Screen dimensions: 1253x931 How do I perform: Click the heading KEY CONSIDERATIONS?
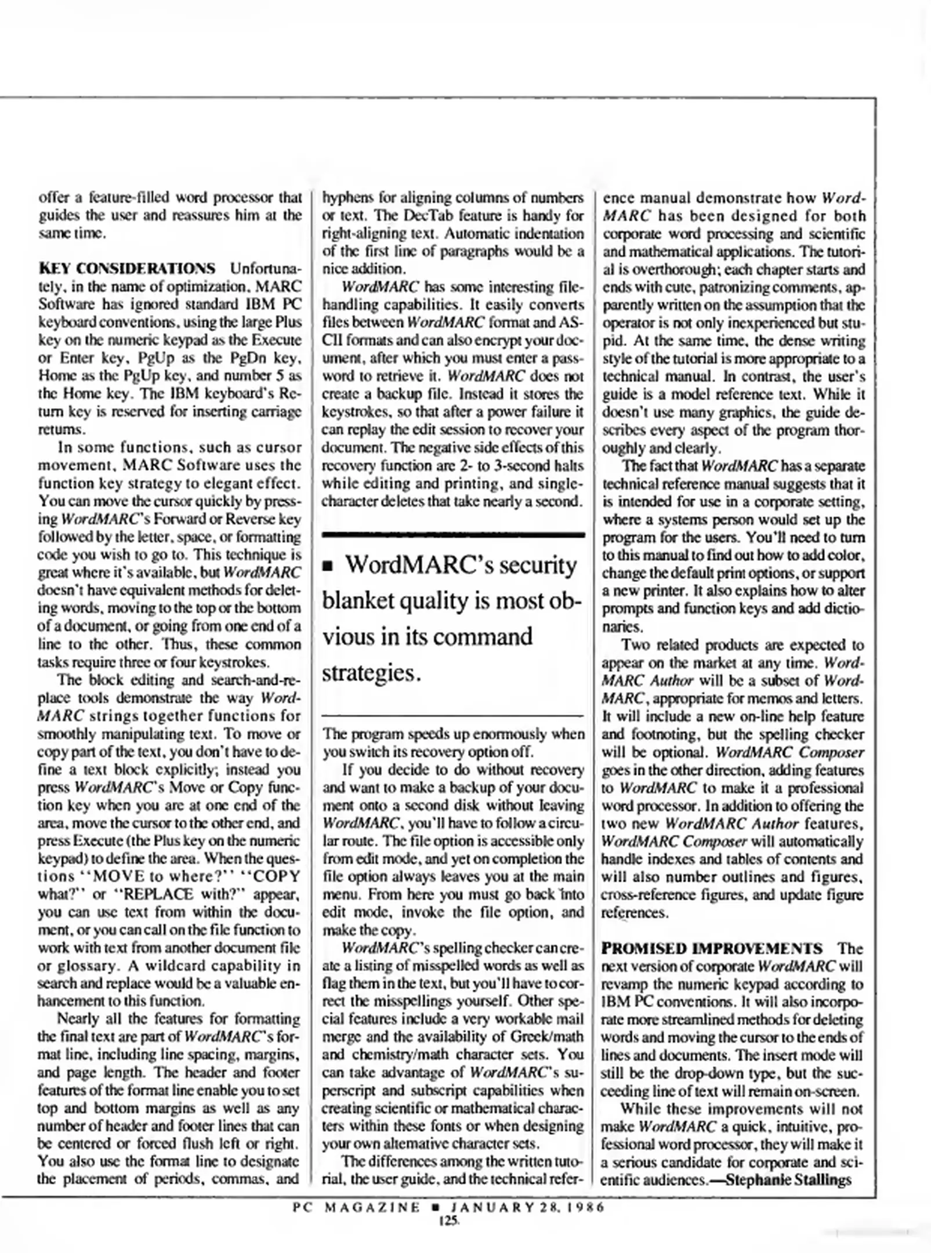pyautogui.click(x=126, y=269)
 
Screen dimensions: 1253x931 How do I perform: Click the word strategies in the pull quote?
pyautogui.click(x=371, y=673)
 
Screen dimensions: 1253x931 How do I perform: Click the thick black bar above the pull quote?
pyautogui.click(x=453, y=534)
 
